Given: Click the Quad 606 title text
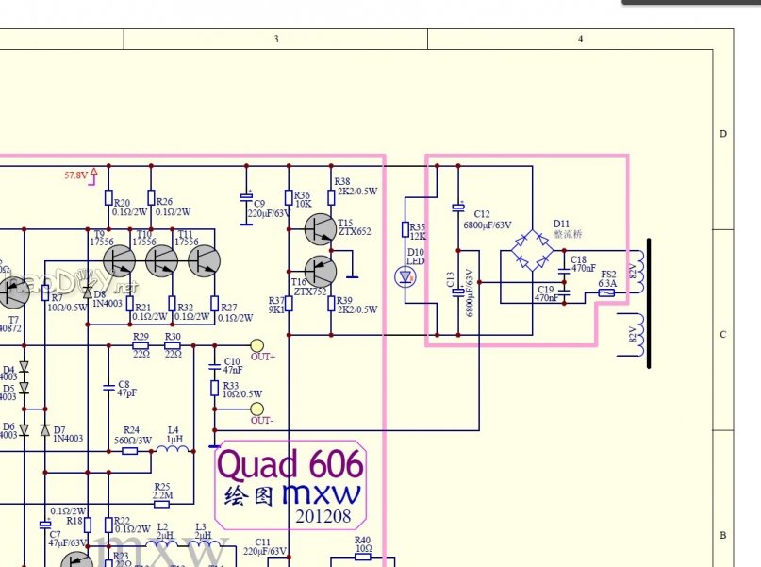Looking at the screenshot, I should (290, 463).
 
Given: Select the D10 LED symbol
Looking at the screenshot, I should (406, 277).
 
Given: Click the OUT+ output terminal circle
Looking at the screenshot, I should (256, 346).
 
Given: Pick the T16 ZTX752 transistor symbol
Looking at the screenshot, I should (320, 273).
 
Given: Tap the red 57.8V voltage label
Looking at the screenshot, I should (75, 175).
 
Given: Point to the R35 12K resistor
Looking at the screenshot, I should (406, 229).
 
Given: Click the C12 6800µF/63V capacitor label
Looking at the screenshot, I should (487, 220).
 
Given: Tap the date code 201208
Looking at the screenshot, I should (322, 516).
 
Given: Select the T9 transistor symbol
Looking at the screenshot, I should (120, 260).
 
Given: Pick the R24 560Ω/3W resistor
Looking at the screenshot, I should (131, 450).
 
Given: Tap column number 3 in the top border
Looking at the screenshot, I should (276, 39).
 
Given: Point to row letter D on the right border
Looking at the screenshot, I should (723, 134).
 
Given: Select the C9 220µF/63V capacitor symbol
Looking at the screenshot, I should (246, 199).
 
